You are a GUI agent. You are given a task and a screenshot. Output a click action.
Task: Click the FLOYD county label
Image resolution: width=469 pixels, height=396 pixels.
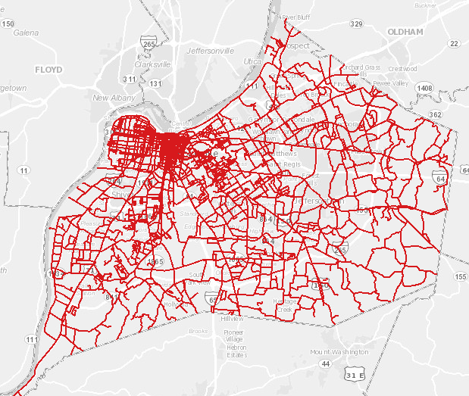point(52,69)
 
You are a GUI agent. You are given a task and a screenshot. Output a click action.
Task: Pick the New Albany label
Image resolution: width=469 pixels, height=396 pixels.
point(113,98)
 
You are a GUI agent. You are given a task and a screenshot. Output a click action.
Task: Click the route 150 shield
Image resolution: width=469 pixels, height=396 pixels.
point(8,24)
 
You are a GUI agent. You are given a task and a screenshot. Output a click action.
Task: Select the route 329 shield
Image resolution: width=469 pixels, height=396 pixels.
point(356,24)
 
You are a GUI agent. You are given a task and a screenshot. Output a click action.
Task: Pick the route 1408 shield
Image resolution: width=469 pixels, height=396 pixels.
point(424,89)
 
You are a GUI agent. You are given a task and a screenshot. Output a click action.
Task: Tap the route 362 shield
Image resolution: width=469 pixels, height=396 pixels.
point(435,114)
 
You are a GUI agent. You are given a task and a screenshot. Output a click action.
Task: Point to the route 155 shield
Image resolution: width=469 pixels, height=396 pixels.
point(461,277)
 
